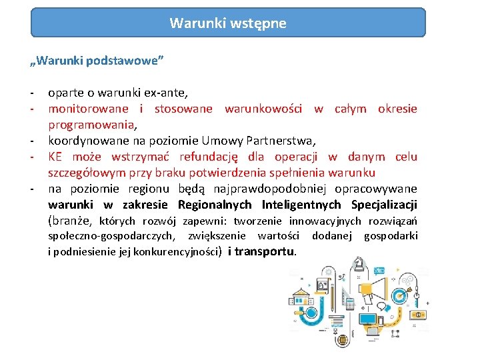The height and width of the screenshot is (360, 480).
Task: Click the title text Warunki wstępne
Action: click(x=228, y=23)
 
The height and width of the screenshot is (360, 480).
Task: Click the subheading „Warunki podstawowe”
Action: click(x=97, y=61)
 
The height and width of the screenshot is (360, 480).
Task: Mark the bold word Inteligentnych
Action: click(x=301, y=205)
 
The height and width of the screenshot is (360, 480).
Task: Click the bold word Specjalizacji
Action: click(x=384, y=205)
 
